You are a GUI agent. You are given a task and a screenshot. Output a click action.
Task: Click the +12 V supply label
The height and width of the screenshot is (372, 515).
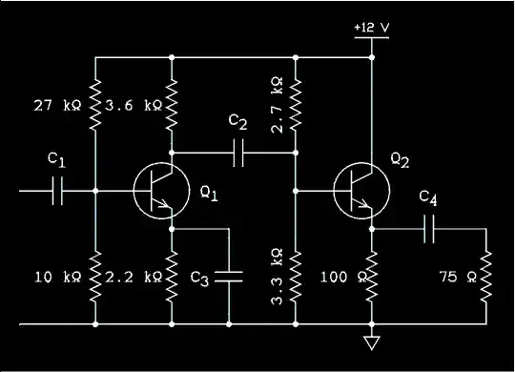[370, 27]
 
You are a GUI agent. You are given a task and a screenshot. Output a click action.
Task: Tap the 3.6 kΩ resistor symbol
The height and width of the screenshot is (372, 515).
[172, 105]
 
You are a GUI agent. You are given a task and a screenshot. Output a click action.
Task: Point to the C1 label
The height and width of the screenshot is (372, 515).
[56, 162]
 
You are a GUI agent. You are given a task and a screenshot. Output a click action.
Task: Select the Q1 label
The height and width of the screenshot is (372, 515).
[209, 195]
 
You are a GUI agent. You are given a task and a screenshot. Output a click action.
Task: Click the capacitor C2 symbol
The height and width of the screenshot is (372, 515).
[238, 151]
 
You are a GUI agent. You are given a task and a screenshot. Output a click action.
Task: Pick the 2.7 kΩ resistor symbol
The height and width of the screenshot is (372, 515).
[296, 105]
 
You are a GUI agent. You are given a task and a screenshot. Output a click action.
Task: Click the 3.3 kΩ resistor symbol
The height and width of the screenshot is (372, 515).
[296, 277]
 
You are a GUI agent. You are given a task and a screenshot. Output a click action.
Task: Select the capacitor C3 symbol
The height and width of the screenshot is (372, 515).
[229, 277]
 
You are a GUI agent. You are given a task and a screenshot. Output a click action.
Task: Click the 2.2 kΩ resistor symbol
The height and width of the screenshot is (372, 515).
[172, 277]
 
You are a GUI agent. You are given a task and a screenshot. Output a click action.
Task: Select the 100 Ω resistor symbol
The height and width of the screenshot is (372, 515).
[372, 277]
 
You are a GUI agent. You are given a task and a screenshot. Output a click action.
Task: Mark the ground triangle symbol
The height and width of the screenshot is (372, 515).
[372, 341]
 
